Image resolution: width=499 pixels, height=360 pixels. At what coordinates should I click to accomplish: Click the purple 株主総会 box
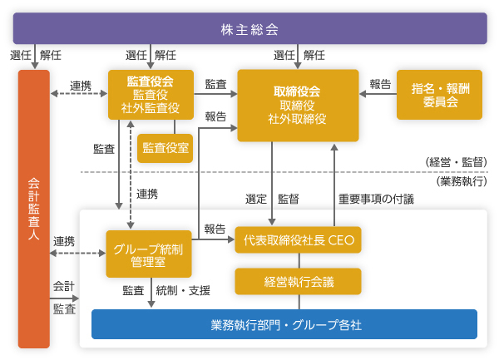pos(249,29)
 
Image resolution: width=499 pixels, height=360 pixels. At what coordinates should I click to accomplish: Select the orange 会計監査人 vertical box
pos(33,209)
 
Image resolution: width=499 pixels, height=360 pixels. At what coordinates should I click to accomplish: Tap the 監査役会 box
pos(150,95)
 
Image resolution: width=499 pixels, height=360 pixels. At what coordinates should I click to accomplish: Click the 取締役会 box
pos(297,105)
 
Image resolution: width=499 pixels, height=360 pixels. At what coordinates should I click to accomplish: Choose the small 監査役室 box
pos(166,147)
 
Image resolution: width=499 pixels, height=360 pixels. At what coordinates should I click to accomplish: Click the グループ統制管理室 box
pos(150,254)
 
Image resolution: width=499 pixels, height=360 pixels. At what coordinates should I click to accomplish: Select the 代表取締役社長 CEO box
pos(299,239)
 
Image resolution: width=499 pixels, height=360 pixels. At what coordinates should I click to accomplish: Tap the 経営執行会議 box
pos(299,281)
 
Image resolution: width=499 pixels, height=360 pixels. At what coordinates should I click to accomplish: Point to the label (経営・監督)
pos(455,161)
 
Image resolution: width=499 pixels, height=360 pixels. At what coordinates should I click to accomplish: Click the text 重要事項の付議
pos(376,200)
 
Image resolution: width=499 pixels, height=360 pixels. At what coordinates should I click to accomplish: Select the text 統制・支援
pos(183,290)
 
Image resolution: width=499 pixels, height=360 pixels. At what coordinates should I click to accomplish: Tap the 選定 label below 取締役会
pos(256,200)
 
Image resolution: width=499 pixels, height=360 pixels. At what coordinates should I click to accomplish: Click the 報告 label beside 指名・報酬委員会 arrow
pos(380,84)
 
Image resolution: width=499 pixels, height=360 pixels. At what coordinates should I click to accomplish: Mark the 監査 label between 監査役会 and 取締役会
pos(215,84)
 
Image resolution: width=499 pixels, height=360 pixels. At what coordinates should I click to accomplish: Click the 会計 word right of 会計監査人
pos(64,286)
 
